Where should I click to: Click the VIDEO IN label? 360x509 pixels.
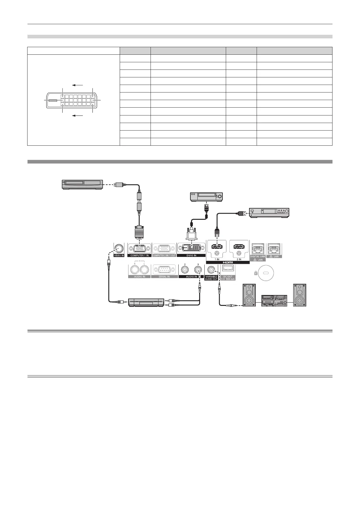click(119, 255)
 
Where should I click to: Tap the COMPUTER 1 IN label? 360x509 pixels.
click(139, 255)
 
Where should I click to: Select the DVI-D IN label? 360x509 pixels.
click(191, 255)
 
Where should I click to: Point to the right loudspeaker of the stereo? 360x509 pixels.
click(300, 295)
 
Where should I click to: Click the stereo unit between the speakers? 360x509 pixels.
click(274, 300)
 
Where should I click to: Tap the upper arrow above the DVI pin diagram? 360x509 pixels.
click(78, 85)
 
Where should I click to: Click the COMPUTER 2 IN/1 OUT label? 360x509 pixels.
click(164, 255)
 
